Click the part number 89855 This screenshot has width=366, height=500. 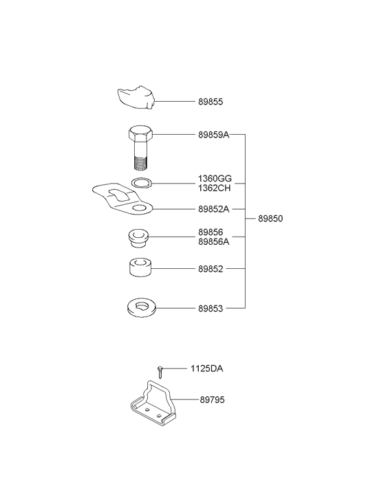coord(211,102)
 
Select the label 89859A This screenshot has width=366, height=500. coord(214,135)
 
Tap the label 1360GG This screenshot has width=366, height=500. coord(215,178)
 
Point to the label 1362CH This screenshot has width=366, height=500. coord(214,188)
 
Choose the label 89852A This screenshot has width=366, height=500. coord(214,209)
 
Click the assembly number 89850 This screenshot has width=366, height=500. coord(270,219)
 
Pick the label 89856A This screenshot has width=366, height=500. coord(214,241)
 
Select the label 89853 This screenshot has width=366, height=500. coord(211,309)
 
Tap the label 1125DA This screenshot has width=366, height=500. coord(207,369)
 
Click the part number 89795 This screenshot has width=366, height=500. coord(212,400)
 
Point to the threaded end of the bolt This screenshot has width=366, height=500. coord(140,162)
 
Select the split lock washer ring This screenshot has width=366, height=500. coord(142,183)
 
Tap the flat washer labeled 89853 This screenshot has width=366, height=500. coord(141,307)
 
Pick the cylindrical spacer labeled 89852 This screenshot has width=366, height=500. coord(140,268)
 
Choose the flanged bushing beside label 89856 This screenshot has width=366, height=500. coord(139,238)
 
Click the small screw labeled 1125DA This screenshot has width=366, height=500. coord(160,372)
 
